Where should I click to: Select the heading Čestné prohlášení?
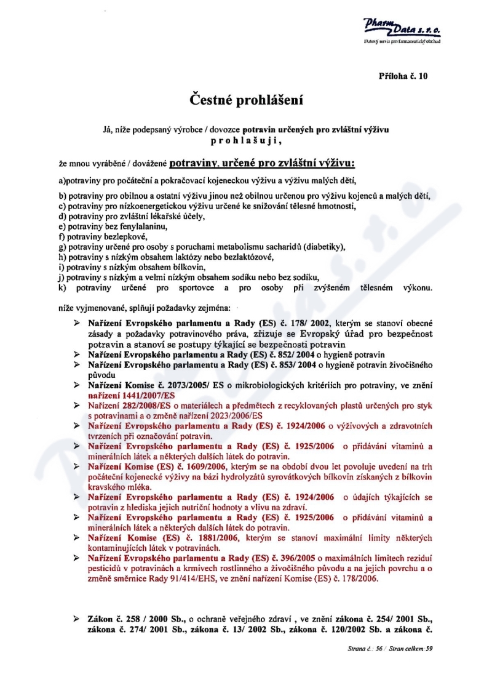245,98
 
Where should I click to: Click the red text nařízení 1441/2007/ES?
132,395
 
